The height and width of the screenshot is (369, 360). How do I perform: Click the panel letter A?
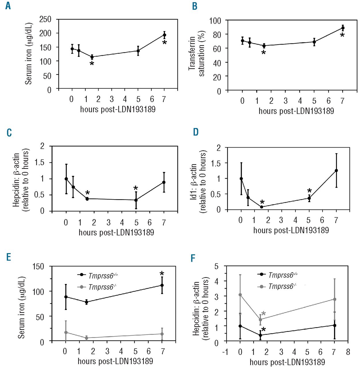8,6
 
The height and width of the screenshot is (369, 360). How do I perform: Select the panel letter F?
193,258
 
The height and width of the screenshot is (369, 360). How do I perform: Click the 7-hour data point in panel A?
164,35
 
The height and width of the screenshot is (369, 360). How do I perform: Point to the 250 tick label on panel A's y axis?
45,19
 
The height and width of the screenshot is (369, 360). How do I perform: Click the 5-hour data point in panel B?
314,42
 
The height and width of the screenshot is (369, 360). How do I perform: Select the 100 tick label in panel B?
215,21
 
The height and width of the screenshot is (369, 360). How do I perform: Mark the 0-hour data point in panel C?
66,179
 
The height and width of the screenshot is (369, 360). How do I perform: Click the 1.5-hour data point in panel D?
262,207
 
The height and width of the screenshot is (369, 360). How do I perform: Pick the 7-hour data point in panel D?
336,170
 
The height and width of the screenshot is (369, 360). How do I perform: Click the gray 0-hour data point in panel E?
66,332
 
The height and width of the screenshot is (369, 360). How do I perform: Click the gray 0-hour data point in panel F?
240,295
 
